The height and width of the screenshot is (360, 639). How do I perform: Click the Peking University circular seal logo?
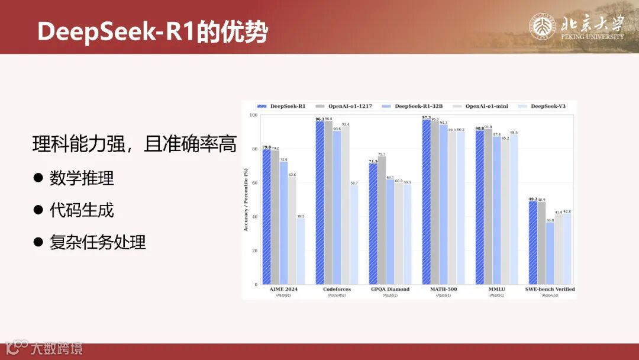pos(542,27)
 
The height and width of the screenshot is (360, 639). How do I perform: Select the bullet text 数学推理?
pos(82,178)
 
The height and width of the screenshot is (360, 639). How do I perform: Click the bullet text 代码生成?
pos(82,210)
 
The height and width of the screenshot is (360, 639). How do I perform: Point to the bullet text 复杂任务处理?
pos(98,242)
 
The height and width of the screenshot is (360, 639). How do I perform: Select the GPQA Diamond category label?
pos(390,290)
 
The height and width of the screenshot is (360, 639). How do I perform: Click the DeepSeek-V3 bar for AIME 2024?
pos(301,252)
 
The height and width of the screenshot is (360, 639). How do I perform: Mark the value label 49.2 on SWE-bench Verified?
pos(532,199)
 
